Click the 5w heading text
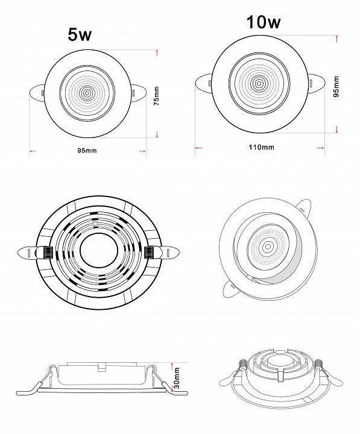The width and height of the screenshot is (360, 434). pyautogui.click(x=80, y=34)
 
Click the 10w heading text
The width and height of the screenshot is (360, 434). pyautogui.click(x=264, y=22)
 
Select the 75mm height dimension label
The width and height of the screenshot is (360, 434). pyautogui.click(x=156, y=96)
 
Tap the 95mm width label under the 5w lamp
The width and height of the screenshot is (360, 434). pyautogui.click(x=87, y=151)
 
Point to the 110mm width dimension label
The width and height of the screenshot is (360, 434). pyautogui.click(x=262, y=147)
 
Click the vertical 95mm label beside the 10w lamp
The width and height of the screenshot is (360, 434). pyautogui.click(x=336, y=87)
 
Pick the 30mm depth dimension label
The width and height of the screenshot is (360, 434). pyautogui.click(x=177, y=378)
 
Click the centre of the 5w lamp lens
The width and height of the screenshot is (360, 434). pyautogui.click(x=87, y=93)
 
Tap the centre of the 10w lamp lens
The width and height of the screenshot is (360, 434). pyautogui.click(x=259, y=83)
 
